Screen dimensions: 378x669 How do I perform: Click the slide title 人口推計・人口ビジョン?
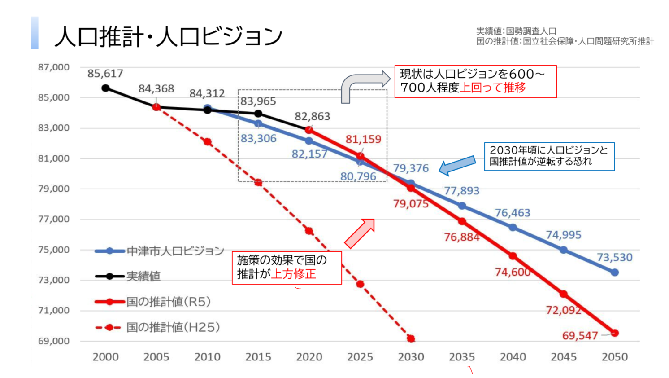(x=168, y=36)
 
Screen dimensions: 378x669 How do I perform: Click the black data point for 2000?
(x=105, y=88)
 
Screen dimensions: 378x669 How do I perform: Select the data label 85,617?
(x=105, y=74)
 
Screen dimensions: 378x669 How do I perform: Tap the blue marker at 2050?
(x=615, y=273)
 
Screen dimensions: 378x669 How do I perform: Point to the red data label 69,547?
(x=580, y=336)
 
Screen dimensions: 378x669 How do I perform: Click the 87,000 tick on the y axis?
(x=54, y=67)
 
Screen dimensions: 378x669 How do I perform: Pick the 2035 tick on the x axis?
(x=462, y=357)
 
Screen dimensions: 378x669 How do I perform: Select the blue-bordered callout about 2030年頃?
(x=549, y=156)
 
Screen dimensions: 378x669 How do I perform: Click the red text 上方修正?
(x=294, y=274)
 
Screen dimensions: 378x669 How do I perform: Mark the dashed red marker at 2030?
(x=411, y=338)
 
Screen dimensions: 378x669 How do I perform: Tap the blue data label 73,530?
(x=614, y=258)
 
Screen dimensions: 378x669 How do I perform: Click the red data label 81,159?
(x=363, y=139)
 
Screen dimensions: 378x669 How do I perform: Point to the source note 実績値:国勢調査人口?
(x=516, y=31)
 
